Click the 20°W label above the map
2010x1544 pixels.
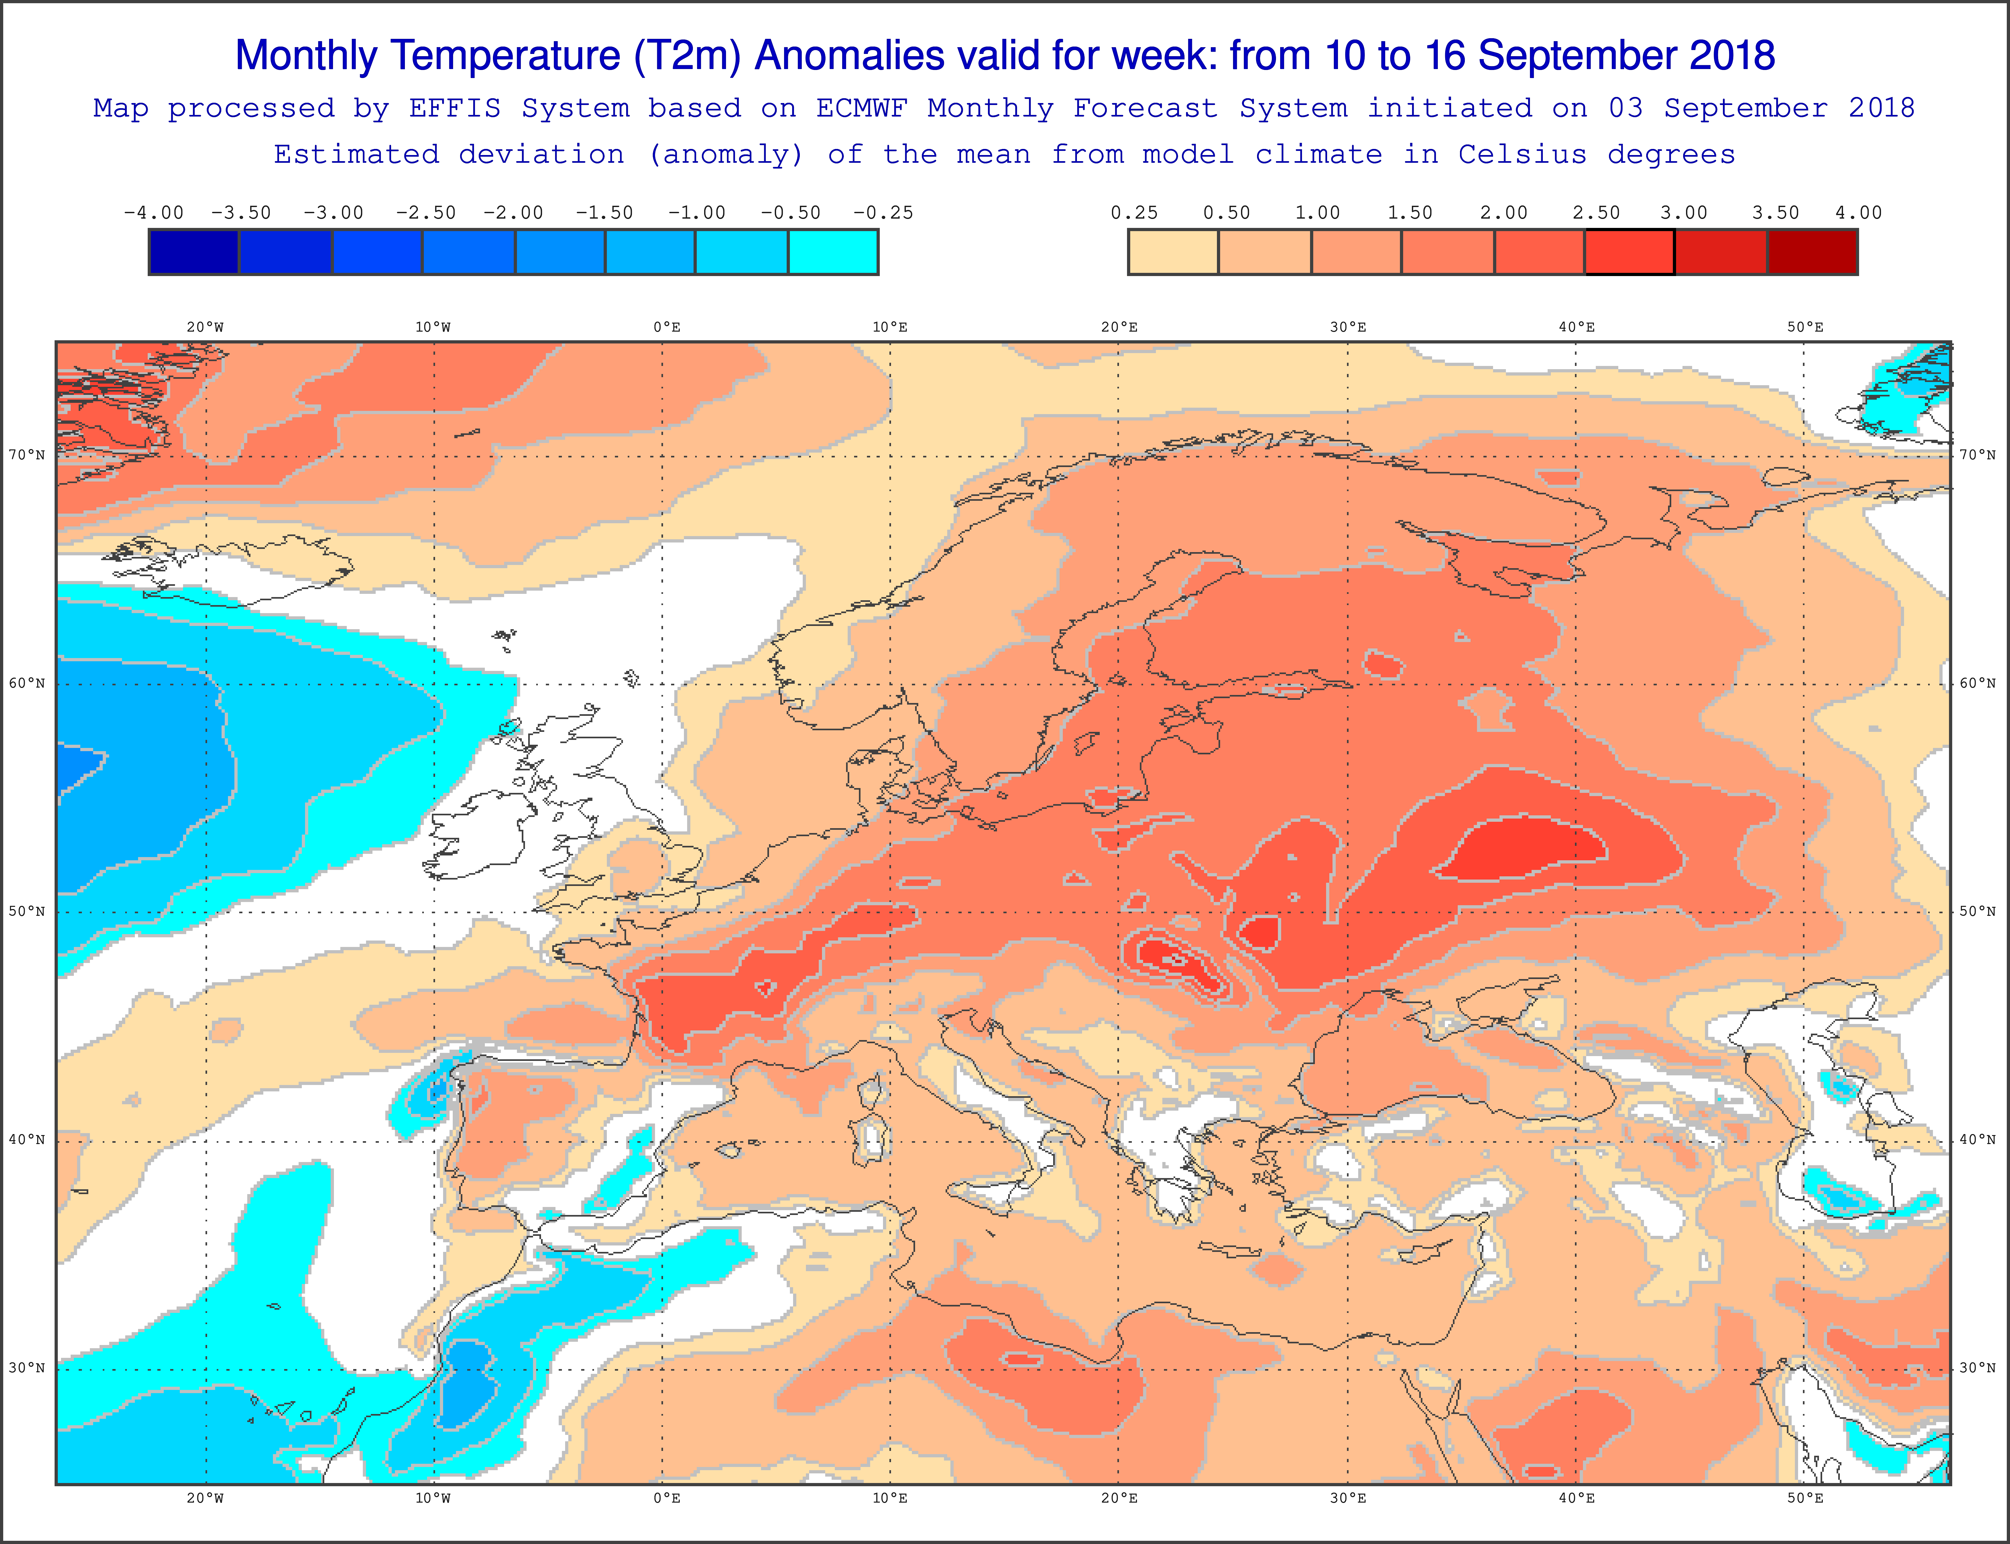point(205,327)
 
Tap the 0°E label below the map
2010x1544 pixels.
point(667,1498)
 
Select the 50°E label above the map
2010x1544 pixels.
point(1805,327)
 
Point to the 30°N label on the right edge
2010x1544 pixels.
point(1978,1367)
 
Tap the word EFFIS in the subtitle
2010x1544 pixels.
point(455,108)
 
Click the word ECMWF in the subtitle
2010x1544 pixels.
point(861,108)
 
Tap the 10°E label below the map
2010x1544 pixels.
point(890,1498)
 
